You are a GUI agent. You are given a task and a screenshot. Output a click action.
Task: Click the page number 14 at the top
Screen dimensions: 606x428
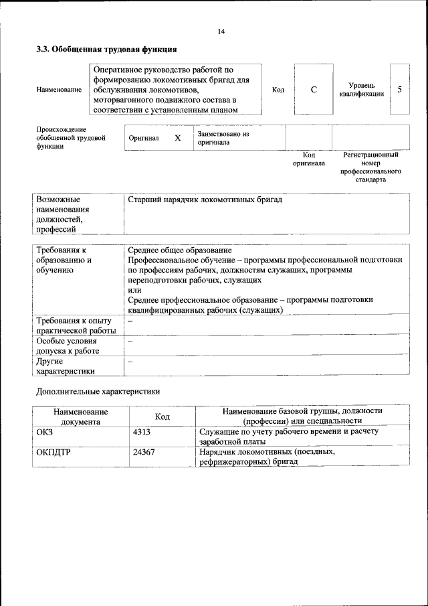[x=221, y=31]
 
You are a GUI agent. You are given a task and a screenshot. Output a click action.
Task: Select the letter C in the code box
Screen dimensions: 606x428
[x=314, y=90]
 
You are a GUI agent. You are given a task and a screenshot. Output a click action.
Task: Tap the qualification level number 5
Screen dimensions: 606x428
[x=399, y=89]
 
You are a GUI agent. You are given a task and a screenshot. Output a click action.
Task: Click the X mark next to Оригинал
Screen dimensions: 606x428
[x=177, y=138]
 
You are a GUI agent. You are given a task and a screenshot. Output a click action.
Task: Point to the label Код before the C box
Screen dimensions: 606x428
[x=278, y=90]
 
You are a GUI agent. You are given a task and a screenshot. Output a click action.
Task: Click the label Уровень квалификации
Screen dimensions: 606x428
[x=360, y=90]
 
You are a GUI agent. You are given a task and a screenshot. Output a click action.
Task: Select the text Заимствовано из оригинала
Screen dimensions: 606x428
[x=223, y=138]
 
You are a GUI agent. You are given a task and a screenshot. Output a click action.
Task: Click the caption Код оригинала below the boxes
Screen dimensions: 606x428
[x=308, y=159]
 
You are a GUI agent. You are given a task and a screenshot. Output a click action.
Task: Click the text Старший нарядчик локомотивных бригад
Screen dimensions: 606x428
[x=205, y=200]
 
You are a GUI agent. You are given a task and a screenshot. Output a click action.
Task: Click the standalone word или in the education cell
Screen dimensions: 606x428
[x=134, y=291]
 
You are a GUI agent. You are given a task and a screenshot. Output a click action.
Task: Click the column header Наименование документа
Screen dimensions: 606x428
[x=80, y=416]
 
